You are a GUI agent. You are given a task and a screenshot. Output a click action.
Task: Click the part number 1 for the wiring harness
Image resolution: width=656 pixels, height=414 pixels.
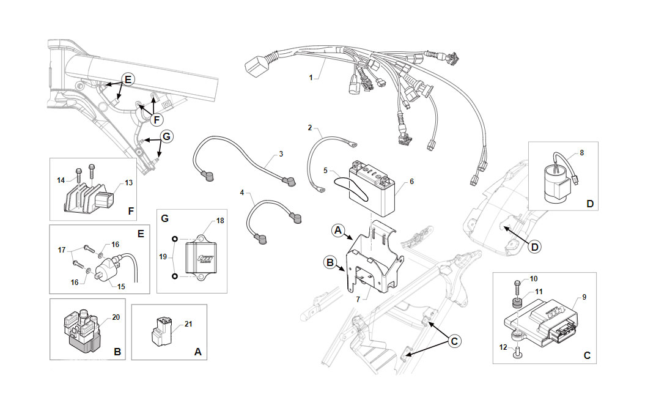311,78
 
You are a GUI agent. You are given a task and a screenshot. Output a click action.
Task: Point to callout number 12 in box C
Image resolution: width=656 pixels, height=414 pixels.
503,347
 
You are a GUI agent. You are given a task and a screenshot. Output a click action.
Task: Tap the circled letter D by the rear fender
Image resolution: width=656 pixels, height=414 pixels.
535,246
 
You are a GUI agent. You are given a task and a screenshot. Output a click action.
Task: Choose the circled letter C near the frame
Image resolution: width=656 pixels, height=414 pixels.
454,341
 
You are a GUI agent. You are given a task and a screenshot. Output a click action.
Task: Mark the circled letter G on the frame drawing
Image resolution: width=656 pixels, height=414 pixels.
166,136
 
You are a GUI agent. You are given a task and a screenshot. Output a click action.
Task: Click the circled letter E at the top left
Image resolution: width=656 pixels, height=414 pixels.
128,79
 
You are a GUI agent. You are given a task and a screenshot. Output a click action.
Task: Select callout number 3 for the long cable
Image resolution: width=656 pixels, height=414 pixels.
281,153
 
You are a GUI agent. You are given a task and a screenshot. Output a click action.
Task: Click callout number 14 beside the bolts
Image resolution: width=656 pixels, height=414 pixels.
61,180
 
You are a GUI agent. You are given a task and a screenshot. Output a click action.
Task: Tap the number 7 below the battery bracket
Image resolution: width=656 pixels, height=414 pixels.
358,299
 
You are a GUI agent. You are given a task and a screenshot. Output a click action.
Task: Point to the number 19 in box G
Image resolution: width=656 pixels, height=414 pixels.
163,257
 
